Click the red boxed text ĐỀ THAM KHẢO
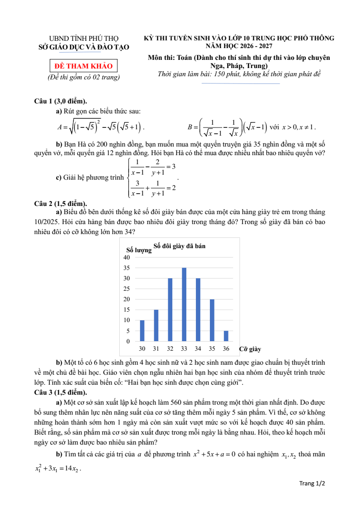click(83, 66)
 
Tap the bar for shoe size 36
click(226, 336)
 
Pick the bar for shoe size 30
click(142, 331)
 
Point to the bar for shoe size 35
click(212, 320)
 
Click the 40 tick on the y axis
click(127, 257)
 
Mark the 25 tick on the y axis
click(127, 289)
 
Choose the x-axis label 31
click(156, 348)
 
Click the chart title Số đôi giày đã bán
click(180, 245)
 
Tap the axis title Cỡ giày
click(250, 349)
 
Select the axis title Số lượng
click(139, 250)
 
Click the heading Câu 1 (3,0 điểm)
click(61, 101)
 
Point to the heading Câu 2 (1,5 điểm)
click(61, 203)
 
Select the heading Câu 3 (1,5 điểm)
click(61, 392)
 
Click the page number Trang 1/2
click(312, 483)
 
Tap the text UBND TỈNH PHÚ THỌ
click(84, 39)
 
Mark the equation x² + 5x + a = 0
click(214, 455)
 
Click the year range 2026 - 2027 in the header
click(251, 46)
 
